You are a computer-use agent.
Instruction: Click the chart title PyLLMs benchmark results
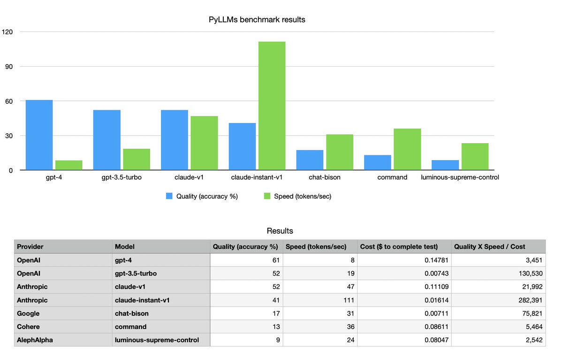(257, 20)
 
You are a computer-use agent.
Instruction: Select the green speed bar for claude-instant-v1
(272, 106)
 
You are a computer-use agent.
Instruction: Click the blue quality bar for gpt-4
(39, 135)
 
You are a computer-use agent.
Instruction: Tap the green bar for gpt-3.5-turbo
(137, 159)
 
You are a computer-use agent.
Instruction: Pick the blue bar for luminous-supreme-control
(445, 165)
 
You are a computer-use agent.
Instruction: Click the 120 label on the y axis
(7, 32)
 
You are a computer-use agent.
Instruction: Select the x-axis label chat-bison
(325, 178)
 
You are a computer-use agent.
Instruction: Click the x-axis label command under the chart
(392, 178)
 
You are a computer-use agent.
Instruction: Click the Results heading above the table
(280, 231)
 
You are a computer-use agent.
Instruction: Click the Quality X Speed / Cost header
(489, 246)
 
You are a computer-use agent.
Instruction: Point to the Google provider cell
(28, 314)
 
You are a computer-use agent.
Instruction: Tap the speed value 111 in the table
(348, 300)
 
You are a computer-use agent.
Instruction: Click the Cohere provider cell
(28, 327)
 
